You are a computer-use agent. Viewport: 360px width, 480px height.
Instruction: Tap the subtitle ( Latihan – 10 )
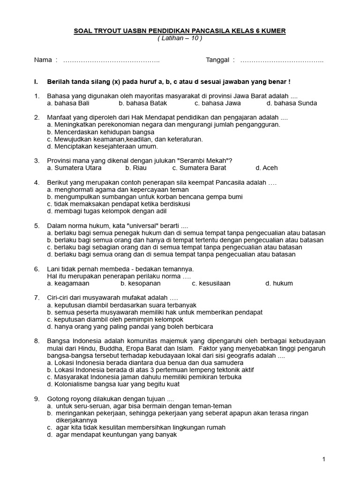(180, 38)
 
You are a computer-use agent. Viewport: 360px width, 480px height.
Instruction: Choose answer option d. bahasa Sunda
(292, 103)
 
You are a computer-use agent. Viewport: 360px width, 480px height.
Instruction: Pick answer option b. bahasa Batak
(142, 103)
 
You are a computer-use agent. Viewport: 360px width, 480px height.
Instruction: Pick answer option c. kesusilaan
(211, 283)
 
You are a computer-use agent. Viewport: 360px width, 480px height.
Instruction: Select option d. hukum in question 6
(279, 283)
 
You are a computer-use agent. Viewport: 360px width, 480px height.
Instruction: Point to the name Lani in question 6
(54, 269)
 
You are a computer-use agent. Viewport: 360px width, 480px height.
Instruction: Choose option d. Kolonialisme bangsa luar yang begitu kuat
(113, 384)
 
